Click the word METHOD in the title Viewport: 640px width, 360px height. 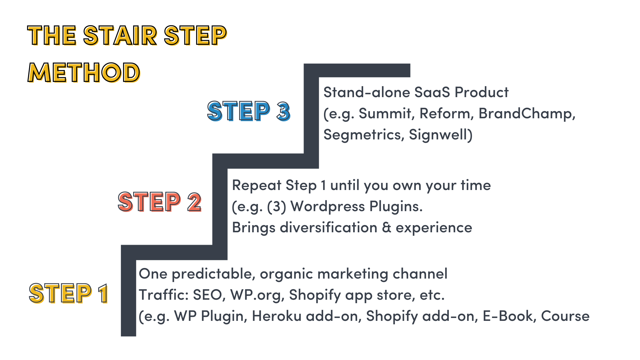[84, 73]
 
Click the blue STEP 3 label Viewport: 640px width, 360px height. [249, 111]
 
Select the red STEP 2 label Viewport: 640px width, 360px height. [160, 202]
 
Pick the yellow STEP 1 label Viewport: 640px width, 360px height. [69, 293]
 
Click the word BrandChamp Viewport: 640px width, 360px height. [525, 113]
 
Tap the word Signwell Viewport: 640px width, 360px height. [440, 135]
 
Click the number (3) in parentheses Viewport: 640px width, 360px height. [276, 207]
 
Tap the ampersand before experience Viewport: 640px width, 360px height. [386, 228]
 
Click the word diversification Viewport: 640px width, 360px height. [329, 228]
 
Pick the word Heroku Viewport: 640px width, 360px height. [277, 316]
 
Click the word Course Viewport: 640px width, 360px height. [565, 316]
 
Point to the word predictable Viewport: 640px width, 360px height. [213, 274]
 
